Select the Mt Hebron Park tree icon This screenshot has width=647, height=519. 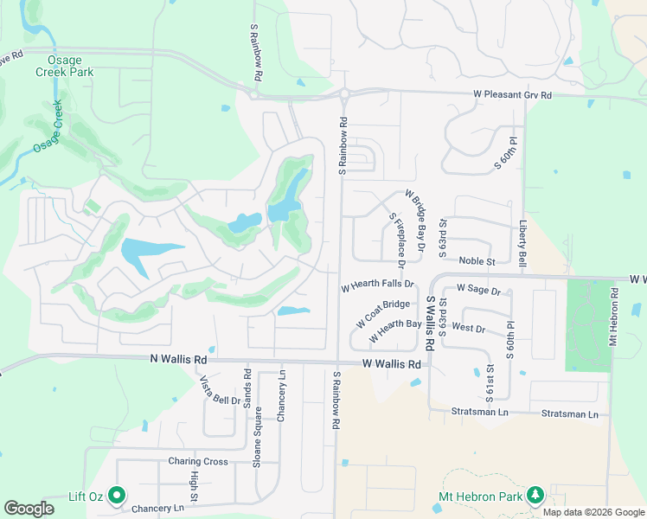[x=535, y=495]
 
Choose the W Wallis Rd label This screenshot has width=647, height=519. [x=392, y=364]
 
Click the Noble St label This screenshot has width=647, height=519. [x=477, y=260]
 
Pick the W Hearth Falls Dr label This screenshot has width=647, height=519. [x=378, y=284]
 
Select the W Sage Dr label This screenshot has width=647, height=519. [x=478, y=289]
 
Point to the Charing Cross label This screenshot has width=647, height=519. [x=198, y=461]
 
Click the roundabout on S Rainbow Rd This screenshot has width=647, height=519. [x=343, y=94]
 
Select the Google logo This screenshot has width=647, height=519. [x=29, y=509]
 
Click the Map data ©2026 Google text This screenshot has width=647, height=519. [x=593, y=512]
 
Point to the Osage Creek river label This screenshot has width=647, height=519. [x=47, y=127]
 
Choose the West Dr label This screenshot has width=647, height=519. [x=468, y=329]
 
